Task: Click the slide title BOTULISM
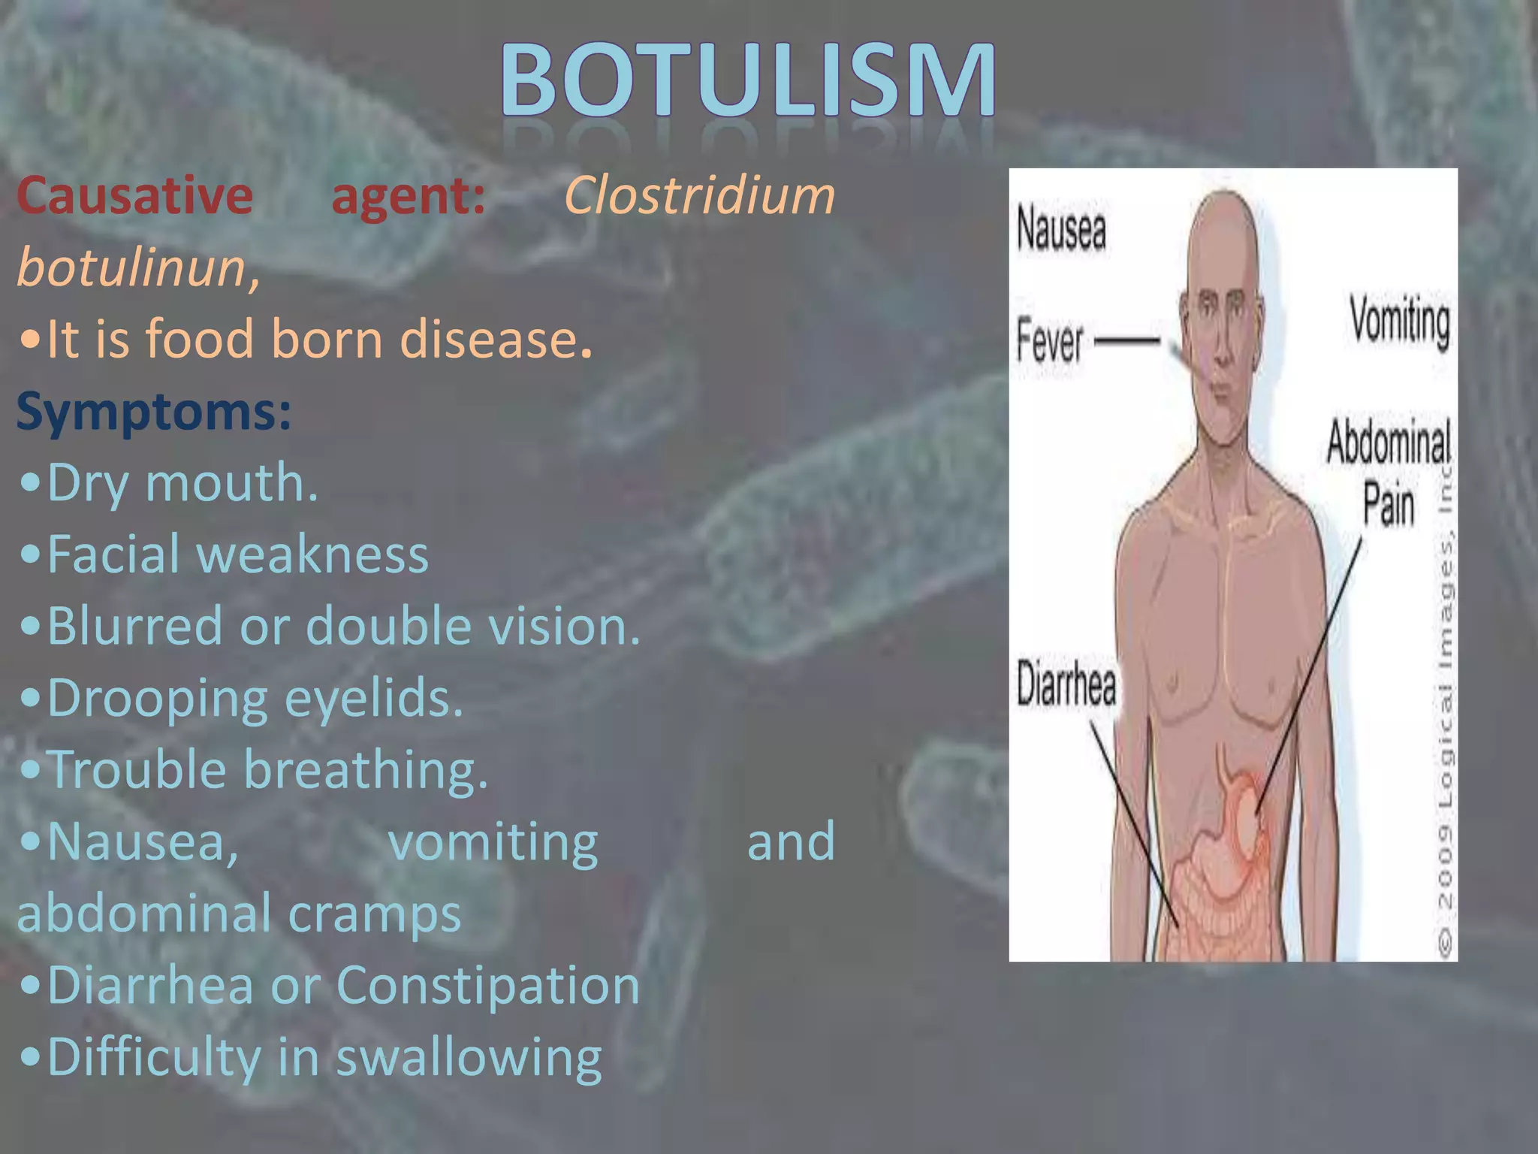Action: point(749,81)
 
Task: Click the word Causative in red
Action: point(135,195)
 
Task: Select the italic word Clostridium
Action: point(699,195)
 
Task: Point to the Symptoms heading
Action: point(153,412)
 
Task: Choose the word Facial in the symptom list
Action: point(113,554)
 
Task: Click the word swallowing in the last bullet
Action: point(469,1058)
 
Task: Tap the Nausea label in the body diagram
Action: point(1061,228)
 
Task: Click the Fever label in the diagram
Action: point(1049,341)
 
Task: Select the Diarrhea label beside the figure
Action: point(1066,683)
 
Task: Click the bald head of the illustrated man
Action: point(1223,233)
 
